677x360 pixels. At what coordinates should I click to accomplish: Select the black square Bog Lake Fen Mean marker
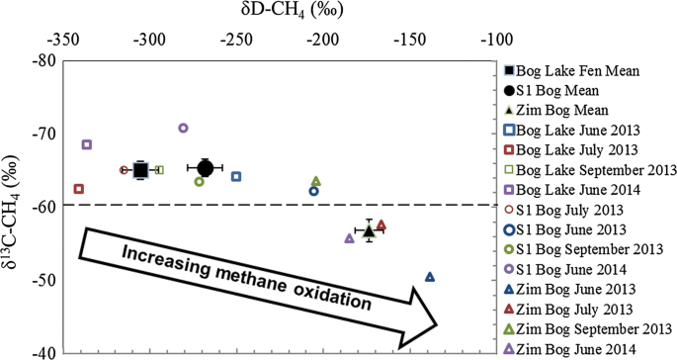[x=140, y=170]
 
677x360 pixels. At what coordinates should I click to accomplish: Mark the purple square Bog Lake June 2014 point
[x=87, y=144]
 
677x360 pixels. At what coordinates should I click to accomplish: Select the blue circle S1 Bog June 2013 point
[x=314, y=191]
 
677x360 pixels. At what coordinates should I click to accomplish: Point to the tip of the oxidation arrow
[x=437, y=323]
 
